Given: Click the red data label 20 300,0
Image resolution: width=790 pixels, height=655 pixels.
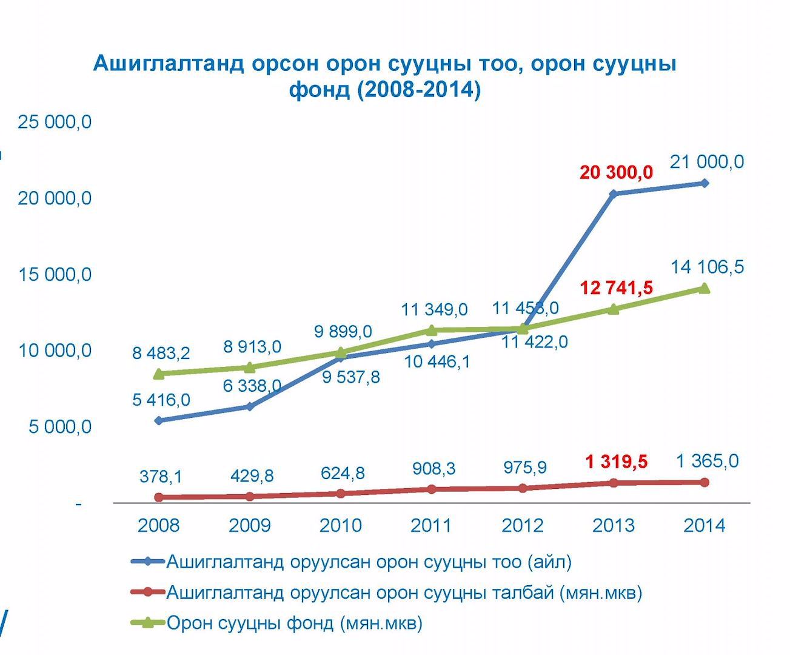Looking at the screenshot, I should [x=616, y=173].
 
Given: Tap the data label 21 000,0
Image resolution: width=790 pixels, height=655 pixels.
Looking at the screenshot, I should [x=707, y=162].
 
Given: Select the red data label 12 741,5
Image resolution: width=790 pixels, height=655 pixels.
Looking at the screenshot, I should [x=616, y=287].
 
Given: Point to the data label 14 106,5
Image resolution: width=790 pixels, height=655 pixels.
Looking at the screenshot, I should [x=707, y=267].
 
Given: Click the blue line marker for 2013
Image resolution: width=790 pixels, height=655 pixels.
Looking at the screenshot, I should [x=613, y=194].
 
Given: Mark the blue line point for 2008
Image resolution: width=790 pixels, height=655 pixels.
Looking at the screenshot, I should [x=159, y=420].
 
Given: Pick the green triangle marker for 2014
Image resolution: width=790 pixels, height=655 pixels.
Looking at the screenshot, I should [x=704, y=288].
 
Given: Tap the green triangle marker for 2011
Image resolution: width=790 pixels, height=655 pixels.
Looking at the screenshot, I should [x=432, y=331].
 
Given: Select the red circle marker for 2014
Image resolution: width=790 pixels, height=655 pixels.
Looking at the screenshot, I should [x=705, y=482].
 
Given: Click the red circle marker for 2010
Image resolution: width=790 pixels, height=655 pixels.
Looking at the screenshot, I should [x=341, y=494].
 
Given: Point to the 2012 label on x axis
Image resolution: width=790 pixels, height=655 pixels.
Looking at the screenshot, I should [x=522, y=525].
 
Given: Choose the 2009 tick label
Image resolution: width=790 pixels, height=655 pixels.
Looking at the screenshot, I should [x=249, y=525].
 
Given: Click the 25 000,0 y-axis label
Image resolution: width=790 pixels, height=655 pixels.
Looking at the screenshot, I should [x=55, y=122].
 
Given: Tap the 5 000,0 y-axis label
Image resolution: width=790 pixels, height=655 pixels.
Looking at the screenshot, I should [x=60, y=427].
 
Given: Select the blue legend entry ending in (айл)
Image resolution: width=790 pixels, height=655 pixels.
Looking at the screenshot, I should [x=369, y=562].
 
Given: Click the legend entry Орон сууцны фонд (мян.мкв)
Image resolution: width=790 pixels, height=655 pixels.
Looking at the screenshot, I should [x=294, y=623].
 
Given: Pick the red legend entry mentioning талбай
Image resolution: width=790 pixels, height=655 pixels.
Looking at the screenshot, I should [x=404, y=593].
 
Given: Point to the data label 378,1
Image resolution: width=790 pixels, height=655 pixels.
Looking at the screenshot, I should [x=161, y=477].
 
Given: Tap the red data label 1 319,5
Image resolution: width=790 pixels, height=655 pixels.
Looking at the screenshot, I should [x=616, y=462].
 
